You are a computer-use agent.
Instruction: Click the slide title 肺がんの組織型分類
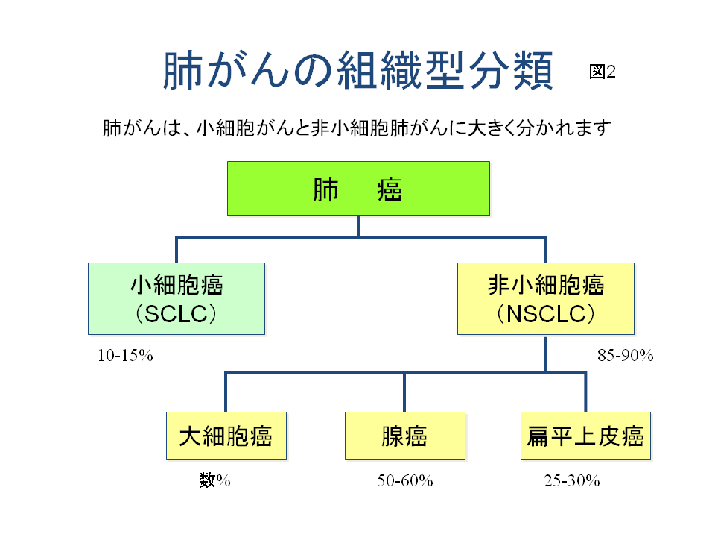pyautogui.click(x=358, y=70)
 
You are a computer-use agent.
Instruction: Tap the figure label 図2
pyautogui.click(x=603, y=72)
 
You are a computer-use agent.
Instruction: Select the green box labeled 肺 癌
pyautogui.click(x=358, y=188)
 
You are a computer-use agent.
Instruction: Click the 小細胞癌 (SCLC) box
pyautogui.click(x=177, y=298)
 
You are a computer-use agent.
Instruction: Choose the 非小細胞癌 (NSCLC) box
pyautogui.click(x=546, y=298)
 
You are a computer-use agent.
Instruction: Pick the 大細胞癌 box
pyautogui.click(x=226, y=436)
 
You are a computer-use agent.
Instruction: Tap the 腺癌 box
pyautogui.click(x=405, y=436)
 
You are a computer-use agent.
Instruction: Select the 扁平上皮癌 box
pyautogui.click(x=585, y=436)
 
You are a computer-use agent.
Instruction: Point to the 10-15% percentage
pyautogui.click(x=125, y=355)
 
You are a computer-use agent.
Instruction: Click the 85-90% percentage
pyautogui.click(x=625, y=355)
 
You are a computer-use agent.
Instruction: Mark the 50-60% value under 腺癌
pyautogui.click(x=405, y=480)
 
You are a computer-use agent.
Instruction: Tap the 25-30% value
pyautogui.click(x=572, y=480)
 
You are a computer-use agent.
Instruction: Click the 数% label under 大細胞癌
pyautogui.click(x=214, y=480)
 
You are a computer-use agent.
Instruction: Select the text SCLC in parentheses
pyautogui.click(x=176, y=314)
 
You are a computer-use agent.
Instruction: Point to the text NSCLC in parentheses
pyautogui.click(x=546, y=314)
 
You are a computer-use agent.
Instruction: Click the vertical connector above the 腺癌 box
pyautogui.click(x=404, y=393)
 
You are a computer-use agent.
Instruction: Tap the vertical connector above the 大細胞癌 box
pyautogui.click(x=226, y=393)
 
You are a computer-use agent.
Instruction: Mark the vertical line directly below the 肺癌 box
pyautogui.click(x=358, y=226)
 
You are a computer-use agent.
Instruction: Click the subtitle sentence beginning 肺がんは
pyautogui.click(x=357, y=128)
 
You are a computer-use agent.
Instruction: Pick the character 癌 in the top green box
pyautogui.click(x=390, y=190)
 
